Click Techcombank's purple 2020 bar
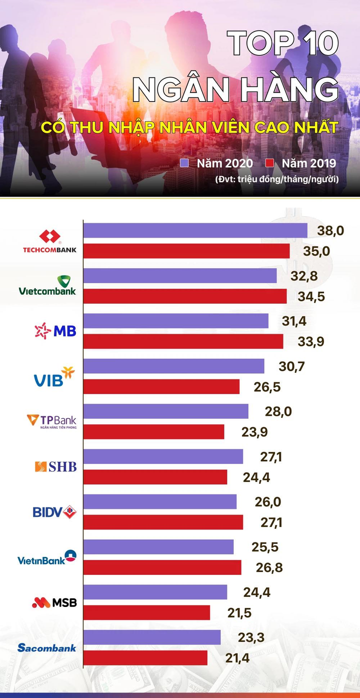[195, 230]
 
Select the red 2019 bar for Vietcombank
[185, 296]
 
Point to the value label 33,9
[311, 342]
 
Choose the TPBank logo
[51, 421]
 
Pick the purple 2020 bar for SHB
[163, 456]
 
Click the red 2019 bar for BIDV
[163, 522]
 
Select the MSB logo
[54, 602]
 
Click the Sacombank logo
[47, 648]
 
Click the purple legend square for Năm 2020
[185, 163]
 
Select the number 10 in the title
[314, 44]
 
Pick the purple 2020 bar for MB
[175, 321]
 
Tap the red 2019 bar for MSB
[146, 612]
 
